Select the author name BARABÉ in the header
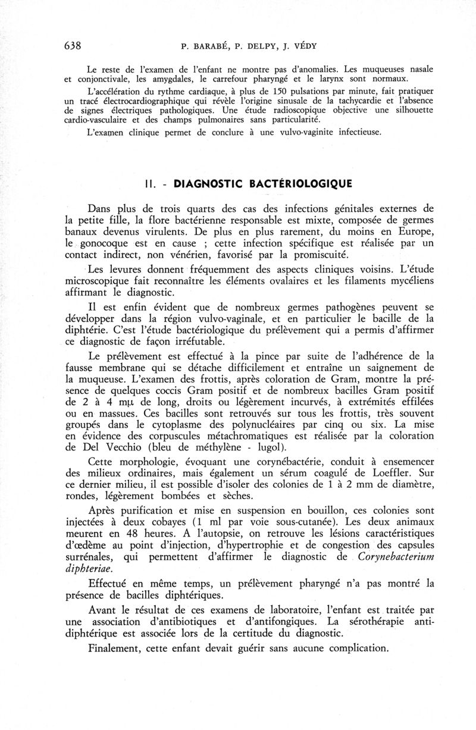[212, 46]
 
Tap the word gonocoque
[111, 243]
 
